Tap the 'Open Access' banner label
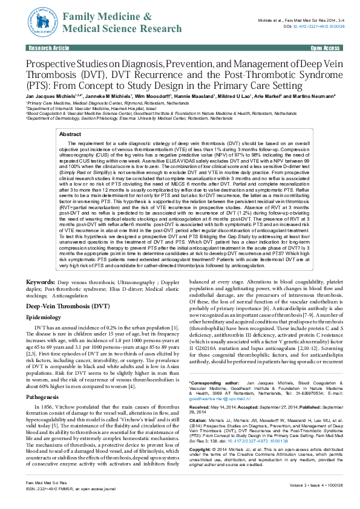point(325,47)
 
